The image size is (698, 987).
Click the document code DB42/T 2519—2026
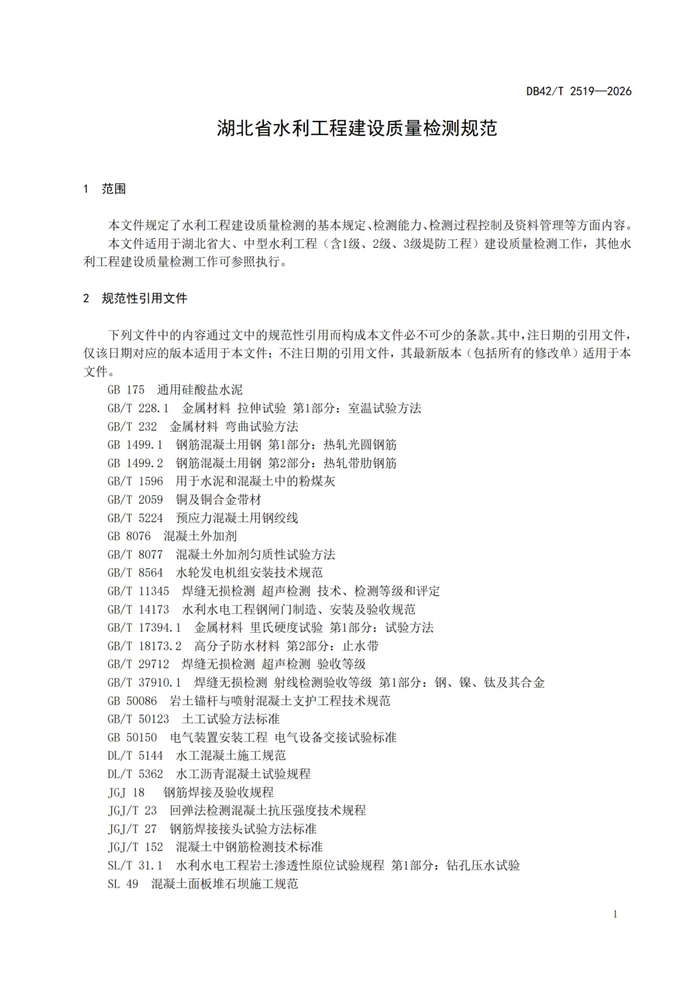[x=578, y=91]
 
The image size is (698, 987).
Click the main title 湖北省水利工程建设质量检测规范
[x=357, y=128]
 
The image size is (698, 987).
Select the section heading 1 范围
[x=105, y=189]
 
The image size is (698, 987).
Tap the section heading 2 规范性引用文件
[x=135, y=299]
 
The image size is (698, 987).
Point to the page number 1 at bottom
[x=615, y=913]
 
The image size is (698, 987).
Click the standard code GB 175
[x=126, y=390]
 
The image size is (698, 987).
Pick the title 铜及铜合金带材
[x=218, y=500]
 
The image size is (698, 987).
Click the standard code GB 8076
[x=129, y=536]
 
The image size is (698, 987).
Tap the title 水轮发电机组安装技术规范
[x=249, y=573]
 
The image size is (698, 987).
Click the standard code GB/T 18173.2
[x=144, y=646]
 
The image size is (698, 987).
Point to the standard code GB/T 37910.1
[x=144, y=683]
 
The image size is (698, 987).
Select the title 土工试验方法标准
[x=231, y=719]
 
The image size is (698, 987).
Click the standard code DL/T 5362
[x=135, y=774]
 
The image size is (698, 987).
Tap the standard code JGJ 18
[x=126, y=792]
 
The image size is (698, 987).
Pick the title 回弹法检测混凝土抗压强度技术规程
[x=268, y=810]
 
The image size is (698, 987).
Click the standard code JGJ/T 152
[x=135, y=847]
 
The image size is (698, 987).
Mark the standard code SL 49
[x=123, y=884]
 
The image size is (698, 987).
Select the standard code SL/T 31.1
[x=135, y=865]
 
